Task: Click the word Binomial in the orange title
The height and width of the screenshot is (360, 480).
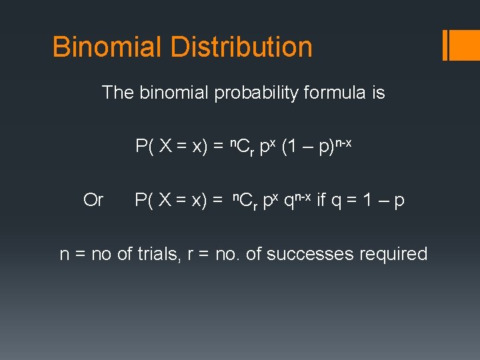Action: point(107,47)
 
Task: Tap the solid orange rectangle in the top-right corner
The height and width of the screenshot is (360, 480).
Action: point(465,45)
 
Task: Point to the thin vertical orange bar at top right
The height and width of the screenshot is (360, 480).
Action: point(445,45)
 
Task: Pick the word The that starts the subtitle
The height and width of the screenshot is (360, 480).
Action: point(118,93)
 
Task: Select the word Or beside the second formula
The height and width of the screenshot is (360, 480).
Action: point(93,200)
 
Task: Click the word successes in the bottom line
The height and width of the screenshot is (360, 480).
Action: point(310,254)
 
